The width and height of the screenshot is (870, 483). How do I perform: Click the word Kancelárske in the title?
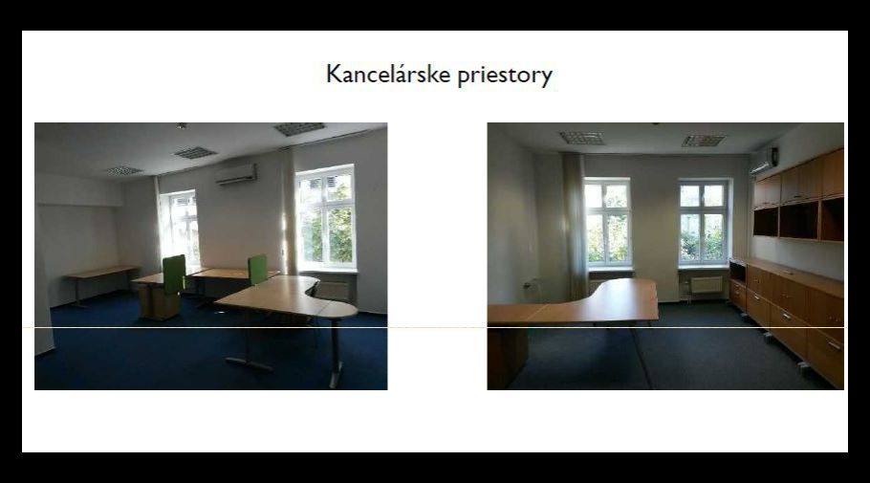tap(389, 74)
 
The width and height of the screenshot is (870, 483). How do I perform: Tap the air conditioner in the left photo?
tap(236, 174)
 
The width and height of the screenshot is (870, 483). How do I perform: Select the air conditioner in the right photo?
tap(764, 161)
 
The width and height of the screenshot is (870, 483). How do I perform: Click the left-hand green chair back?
tap(174, 274)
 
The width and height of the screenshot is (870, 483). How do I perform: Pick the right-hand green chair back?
tap(257, 270)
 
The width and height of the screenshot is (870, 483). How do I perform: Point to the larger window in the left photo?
tap(326, 217)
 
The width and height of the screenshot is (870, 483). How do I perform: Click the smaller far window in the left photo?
tap(181, 227)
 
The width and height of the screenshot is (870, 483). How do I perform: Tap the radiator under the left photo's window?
tap(332, 291)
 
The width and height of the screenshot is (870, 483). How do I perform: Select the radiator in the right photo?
tap(707, 285)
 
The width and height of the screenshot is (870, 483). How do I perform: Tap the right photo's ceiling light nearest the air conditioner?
tap(704, 141)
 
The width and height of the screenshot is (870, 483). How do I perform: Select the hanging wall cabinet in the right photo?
tap(798, 195)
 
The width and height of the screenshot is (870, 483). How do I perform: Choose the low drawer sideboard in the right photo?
tap(788, 316)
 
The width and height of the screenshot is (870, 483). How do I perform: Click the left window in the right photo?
tap(607, 222)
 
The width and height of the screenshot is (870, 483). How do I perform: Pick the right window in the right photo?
tap(704, 222)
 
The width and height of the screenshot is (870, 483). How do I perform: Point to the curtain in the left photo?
tap(288, 211)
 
